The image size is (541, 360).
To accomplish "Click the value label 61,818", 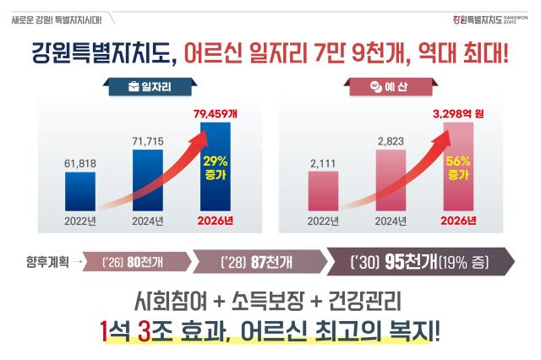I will click(x=80, y=163).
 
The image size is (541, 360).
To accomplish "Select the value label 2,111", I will click(x=320, y=163).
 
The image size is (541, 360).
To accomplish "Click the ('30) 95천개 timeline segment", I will click(x=418, y=261).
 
